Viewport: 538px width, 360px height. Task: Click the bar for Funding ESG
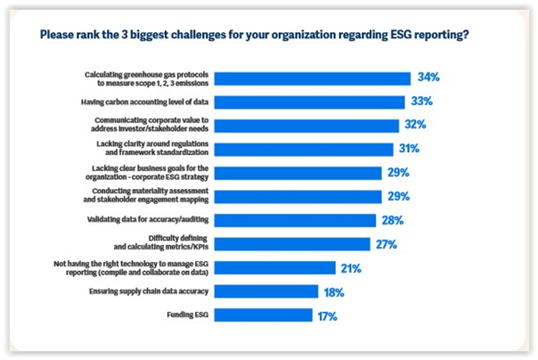[264, 315]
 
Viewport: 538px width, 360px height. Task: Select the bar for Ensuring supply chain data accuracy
[266, 290]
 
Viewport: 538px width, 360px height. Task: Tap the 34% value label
[428, 78]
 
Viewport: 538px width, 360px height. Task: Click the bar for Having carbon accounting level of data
[310, 102]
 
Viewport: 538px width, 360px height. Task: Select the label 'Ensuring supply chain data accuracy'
[155, 290]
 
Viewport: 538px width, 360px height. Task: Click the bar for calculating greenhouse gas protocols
[313, 78]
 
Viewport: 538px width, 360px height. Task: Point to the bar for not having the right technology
[275, 267]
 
